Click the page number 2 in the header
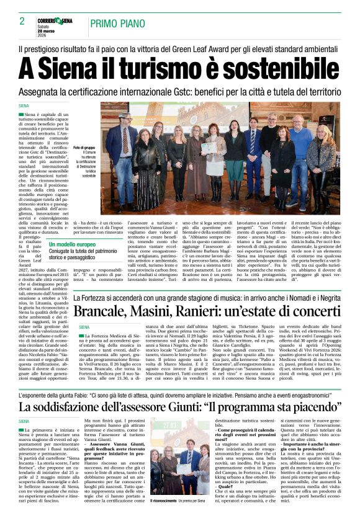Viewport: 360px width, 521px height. point(22,21)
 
